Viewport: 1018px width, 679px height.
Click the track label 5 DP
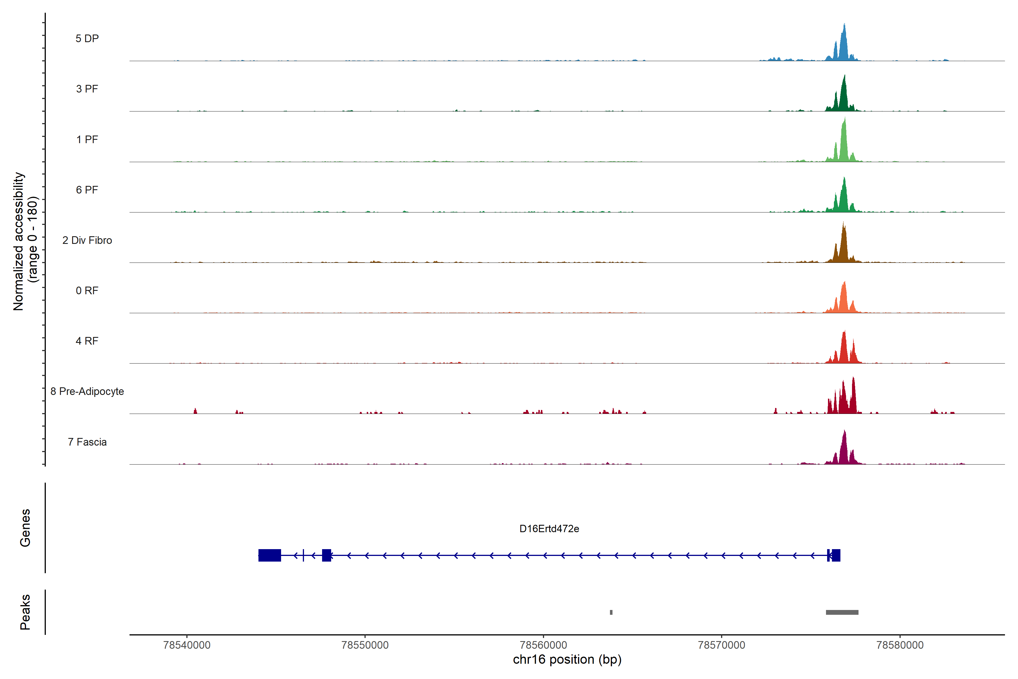87,38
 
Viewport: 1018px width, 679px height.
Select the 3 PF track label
87,89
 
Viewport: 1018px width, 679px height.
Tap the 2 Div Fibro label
87,240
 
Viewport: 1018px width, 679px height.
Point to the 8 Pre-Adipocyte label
87,392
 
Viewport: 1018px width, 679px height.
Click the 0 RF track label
87,291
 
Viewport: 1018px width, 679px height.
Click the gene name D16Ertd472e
549,529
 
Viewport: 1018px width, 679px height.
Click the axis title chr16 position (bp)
567,659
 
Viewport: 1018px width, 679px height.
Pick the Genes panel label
25,528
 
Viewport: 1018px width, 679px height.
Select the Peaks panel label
25,612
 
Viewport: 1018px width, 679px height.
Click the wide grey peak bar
842,612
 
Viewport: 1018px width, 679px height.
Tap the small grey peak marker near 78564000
611,612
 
